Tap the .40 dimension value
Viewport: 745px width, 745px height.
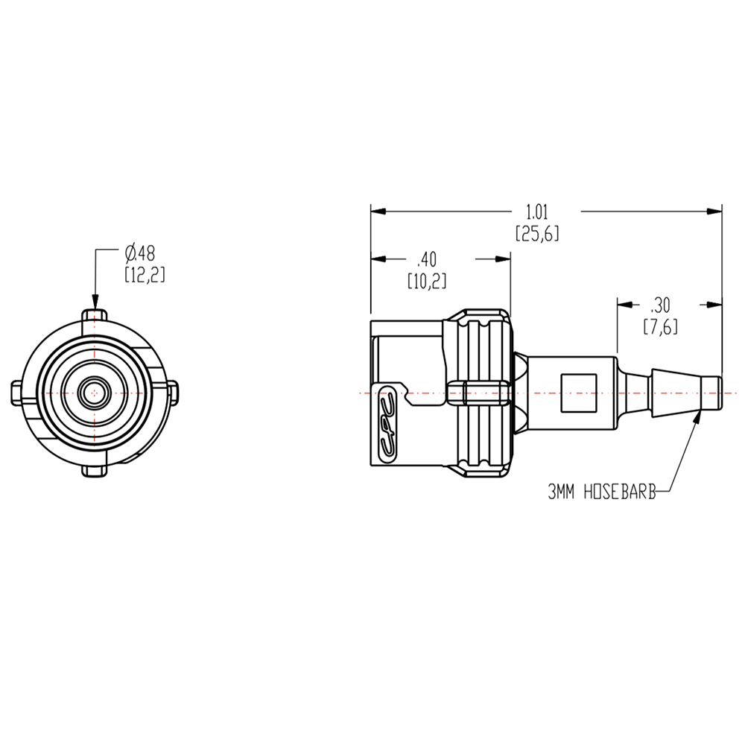[426, 259]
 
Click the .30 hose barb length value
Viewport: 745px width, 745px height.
[659, 304]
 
